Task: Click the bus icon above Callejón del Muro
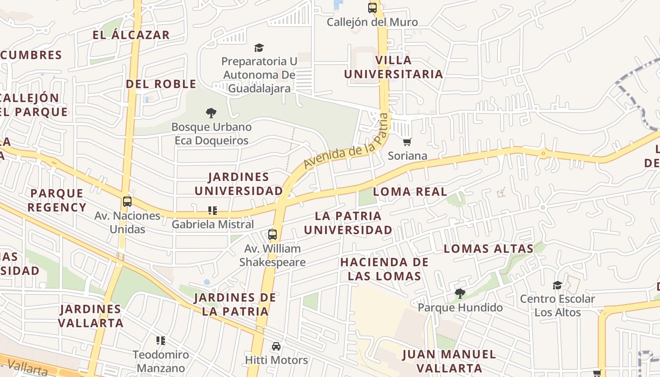click(372, 8)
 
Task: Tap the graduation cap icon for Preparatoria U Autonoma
click(259, 48)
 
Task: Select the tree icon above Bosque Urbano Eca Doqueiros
click(211, 113)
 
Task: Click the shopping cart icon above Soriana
click(407, 142)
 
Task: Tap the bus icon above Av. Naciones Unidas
click(127, 202)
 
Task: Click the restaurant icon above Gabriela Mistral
click(213, 211)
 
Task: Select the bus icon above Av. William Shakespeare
click(272, 235)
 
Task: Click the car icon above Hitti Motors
click(276, 346)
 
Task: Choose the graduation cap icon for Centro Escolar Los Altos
click(557, 285)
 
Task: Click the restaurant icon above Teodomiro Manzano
click(161, 340)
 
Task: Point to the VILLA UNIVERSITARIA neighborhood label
click(394, 67)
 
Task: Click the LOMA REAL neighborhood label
click(410, 191)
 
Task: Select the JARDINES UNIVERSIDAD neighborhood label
click(239, 184)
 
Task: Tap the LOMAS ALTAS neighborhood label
click(488, 248)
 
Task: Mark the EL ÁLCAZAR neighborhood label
click(131, 35)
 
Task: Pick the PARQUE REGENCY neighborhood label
click(57, 200)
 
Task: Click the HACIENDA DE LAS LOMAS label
click(384, 269)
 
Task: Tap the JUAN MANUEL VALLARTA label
click(449, 361)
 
